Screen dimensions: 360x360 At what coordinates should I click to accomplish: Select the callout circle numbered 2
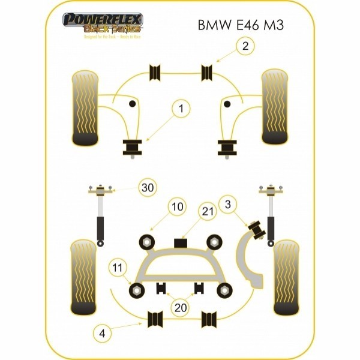coord(244,46)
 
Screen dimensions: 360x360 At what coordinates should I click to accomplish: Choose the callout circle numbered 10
coord(175,208)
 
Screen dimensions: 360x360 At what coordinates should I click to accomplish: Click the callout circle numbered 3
coord(227,205)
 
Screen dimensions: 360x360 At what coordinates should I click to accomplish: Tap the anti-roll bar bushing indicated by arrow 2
coord(208,71)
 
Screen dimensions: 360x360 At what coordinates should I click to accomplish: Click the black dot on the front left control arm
coord(133,104)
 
